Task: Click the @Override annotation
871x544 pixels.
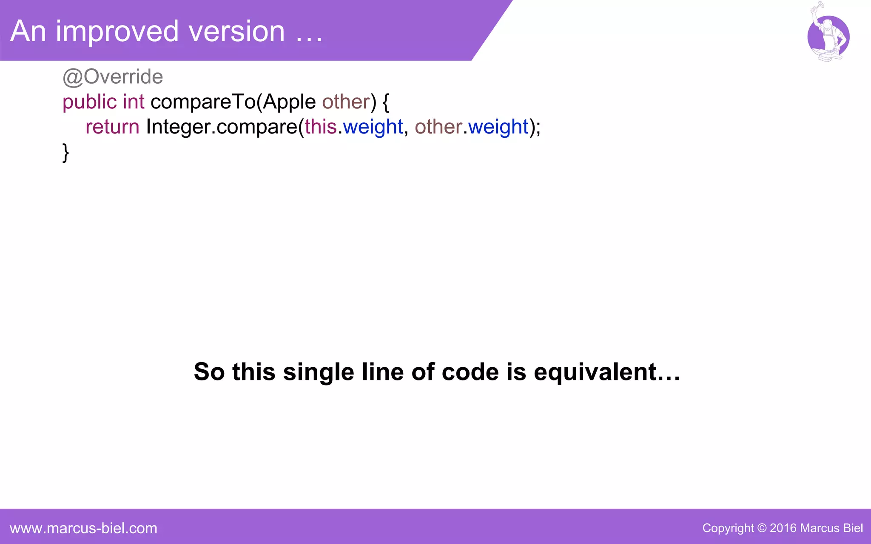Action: pos(113,77)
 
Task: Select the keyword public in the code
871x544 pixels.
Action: pos(89,102)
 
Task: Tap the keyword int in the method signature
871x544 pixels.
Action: pos(134,102)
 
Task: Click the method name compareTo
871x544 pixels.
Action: pos(203,102)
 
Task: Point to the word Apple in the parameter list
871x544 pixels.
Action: pos(289,102)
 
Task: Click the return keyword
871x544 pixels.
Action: pos(112,127)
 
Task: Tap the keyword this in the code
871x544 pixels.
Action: pos(321,127)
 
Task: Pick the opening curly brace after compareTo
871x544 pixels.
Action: pos(386,102)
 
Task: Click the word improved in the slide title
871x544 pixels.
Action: pos(117,31)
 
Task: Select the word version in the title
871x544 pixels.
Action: pos(236,31)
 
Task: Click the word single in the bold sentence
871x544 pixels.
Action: pos(319,372)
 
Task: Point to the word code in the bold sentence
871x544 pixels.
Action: pos(470,372)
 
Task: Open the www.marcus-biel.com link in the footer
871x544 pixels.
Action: pos(83,528)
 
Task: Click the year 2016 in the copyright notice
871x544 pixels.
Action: pos(783,528)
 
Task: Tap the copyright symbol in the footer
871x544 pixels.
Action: pos(762,528)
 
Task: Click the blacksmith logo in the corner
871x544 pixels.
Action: pos(828,36)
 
